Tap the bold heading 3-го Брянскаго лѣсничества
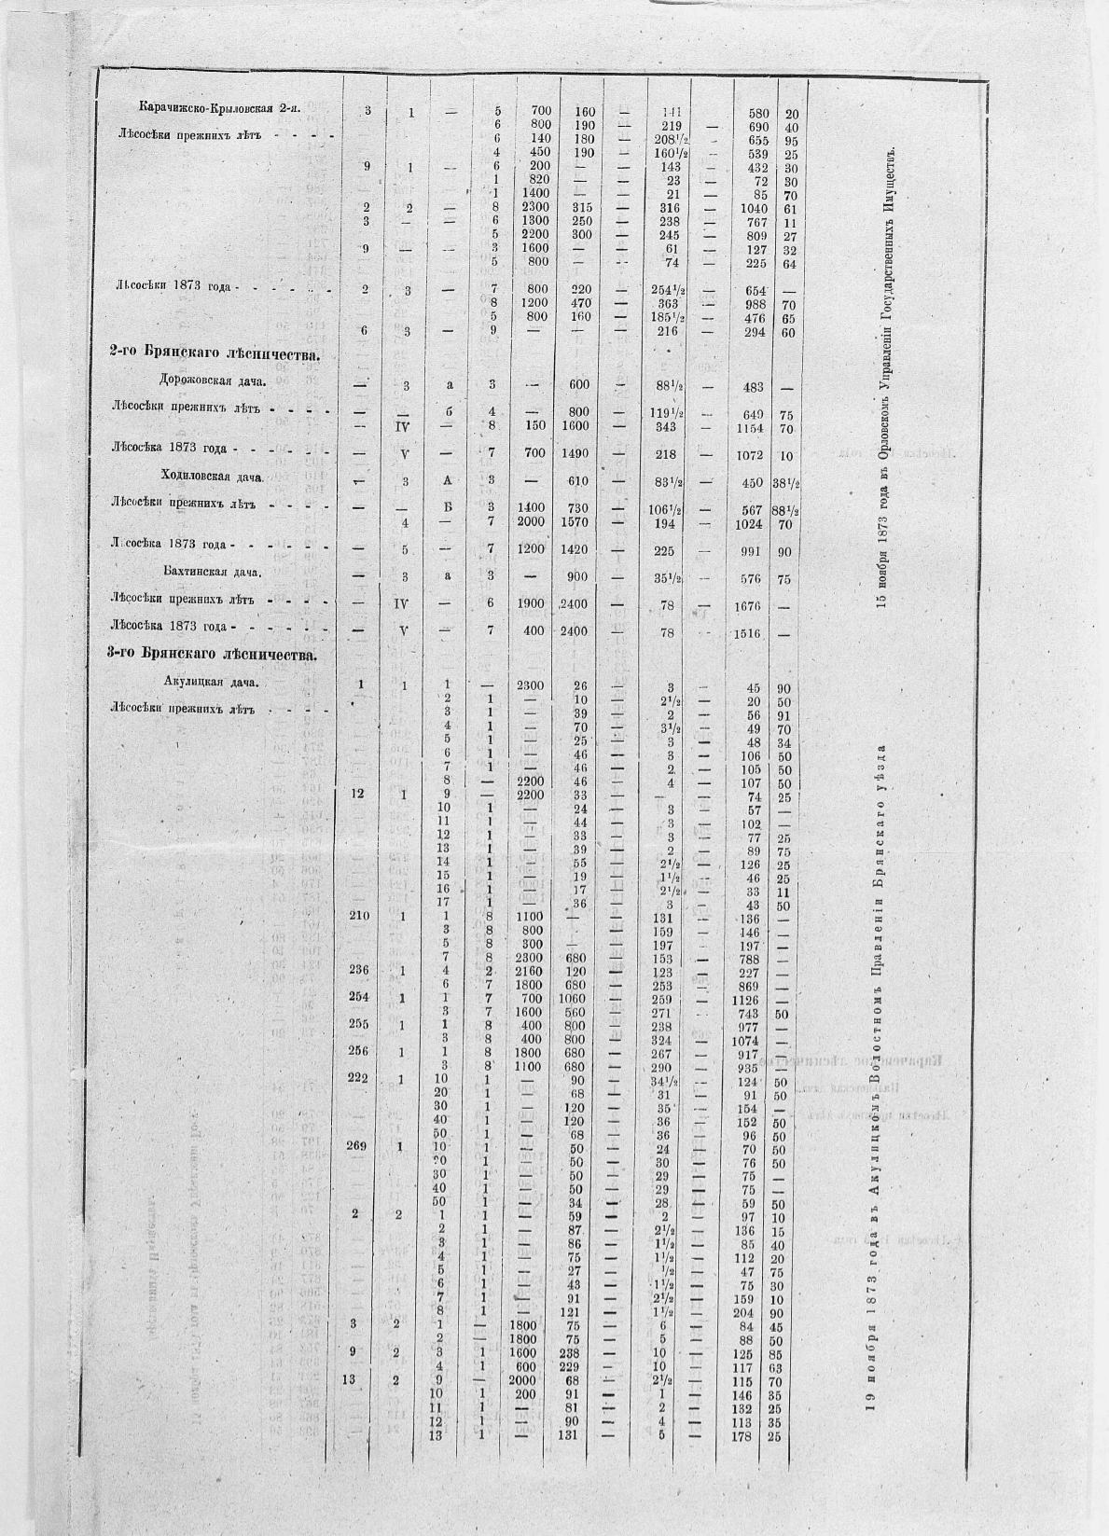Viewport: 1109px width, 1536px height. tap(214, 655)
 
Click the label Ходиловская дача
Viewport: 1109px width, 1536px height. tap(213, 477)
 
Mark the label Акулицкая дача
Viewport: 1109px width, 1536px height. tap(210, 682)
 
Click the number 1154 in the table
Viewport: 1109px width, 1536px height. tap(751, 428)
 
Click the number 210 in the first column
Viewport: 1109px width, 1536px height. tap(359, 917)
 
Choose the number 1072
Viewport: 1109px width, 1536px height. tap(751, 455)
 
